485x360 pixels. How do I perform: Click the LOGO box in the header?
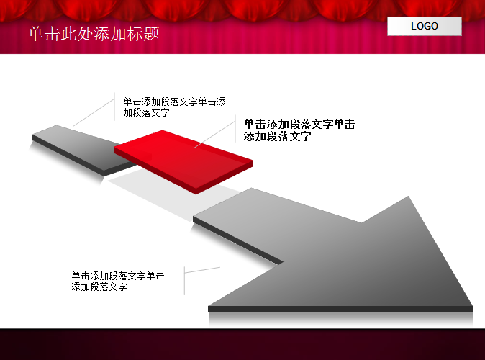[425, 27]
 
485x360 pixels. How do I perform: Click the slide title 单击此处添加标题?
[94, 34]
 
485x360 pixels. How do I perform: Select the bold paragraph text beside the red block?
[299, 130]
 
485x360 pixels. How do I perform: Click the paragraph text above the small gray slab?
[174, 107]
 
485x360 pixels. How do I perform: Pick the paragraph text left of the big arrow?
[118, 281]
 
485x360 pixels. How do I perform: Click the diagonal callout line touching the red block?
[215, 134]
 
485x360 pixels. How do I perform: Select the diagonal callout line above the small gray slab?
[94, 112]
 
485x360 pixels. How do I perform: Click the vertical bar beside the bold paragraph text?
[235, 129]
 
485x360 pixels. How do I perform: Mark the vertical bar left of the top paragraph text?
[114, 107]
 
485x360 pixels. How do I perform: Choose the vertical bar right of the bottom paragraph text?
[184, 281]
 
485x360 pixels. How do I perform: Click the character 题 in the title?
[151, 34]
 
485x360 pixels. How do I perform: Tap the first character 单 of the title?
[36, 34]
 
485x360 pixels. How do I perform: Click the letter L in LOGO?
[414, 27]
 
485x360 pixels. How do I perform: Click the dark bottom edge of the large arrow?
[340, 309]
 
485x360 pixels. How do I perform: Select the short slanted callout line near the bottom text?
[202, 270]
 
